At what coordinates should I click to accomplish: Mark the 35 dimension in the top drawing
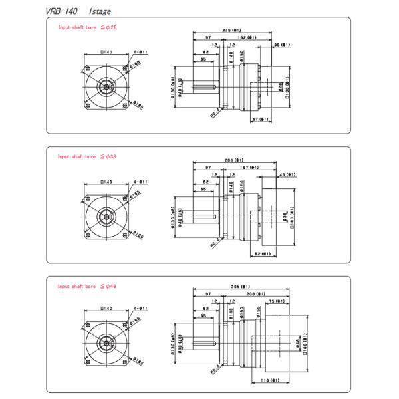tap(281, 45)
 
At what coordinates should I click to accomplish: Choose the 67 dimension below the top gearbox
tap(260, 120)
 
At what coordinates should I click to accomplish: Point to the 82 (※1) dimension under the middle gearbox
tap(261, 253)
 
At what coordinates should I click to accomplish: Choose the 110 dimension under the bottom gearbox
tap(269, 380)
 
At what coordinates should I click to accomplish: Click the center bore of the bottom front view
tap(104, 342)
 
